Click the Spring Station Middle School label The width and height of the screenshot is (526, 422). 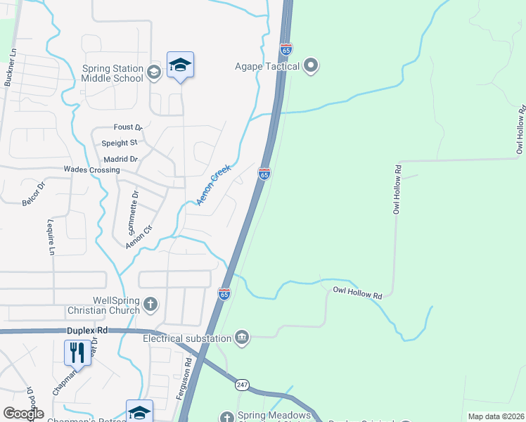tap(113, 73)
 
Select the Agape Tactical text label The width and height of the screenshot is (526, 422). tap(267, 68)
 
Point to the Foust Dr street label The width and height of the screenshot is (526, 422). tap(128, 127)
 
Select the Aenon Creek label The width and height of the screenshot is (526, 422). tap(214, 185)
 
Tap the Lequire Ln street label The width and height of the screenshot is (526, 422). tap(51, 237)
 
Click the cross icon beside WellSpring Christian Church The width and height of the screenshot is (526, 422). tap(150, 305)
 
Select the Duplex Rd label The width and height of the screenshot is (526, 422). tap(87, 330)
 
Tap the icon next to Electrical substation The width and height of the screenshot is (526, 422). tap(242, 338)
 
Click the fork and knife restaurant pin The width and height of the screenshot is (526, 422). tap(77, 351)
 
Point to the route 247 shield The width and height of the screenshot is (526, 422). tap(243, 385)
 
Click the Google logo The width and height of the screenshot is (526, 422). tap(23, 414)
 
